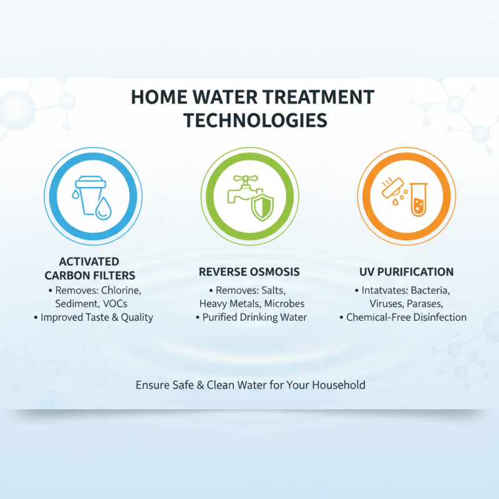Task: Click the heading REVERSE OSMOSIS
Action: coord(249,272)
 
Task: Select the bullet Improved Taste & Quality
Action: coord(97,317)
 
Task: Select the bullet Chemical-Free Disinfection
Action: coord(407,317)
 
